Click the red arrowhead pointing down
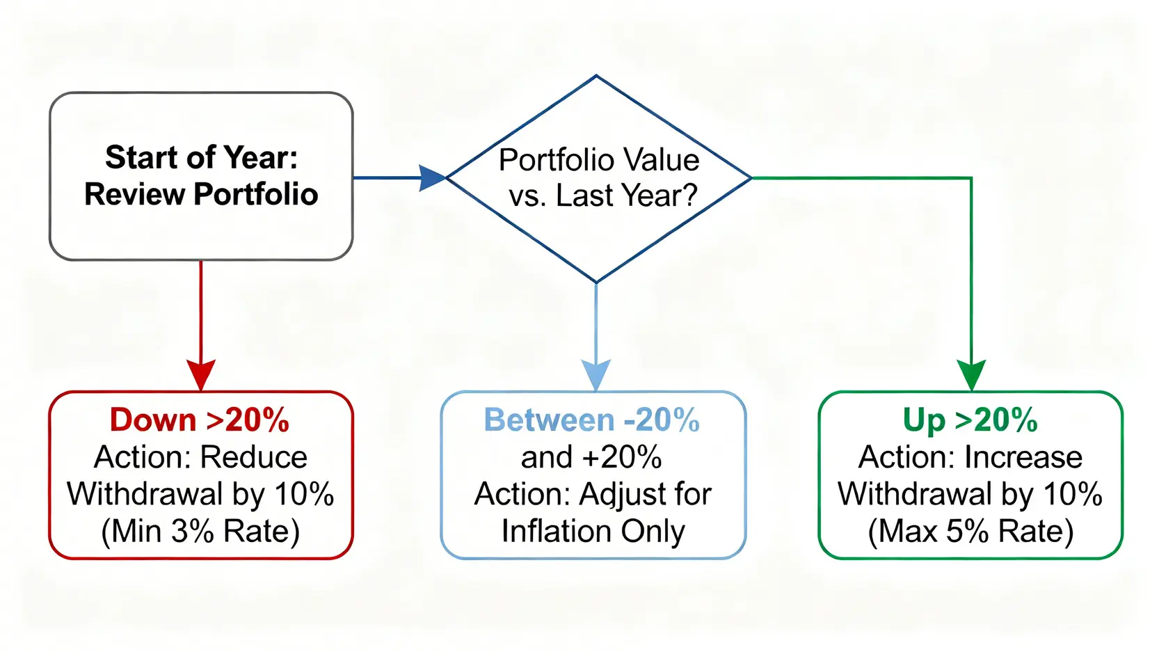[201, 374]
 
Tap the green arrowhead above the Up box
[971, 374]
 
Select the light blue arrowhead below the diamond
[596, 374]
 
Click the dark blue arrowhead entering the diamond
[432, 178]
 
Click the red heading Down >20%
[199, 420]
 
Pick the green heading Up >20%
[970, 420]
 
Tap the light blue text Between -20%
[592, 420]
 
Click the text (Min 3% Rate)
[200, 532]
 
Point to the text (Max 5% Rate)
[970, 532]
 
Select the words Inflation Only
[593, 532]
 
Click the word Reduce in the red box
[253, 457]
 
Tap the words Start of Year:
[202, 157]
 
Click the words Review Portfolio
[201, 195]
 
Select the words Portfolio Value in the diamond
[599, 159]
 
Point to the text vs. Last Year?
[603, 196]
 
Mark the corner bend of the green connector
[971, 178]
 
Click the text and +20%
[591, 457]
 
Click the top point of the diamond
[596, 76]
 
